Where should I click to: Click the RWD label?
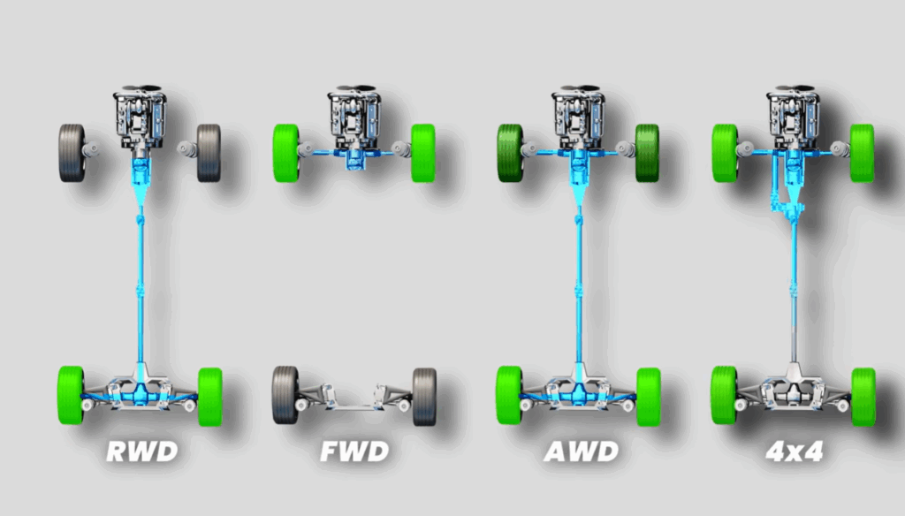point(141,452)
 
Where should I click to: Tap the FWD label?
point(355,452)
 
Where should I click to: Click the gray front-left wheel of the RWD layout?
point(72,152)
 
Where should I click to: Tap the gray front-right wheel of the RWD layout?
point(209,152)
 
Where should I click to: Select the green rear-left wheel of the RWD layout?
point(71,395)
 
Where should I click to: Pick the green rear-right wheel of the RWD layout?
point(210,395)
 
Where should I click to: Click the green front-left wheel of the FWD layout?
point(286,152)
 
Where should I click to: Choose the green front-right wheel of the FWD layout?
point(423,152)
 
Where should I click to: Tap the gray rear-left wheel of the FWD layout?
point(285,395)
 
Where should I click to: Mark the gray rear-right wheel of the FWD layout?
point(424,395)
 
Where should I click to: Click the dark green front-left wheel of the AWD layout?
point(510,152)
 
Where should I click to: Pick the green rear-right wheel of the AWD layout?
point(648,395)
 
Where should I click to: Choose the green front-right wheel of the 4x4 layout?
point(863,152)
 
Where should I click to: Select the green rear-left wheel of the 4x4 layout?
point(725,395)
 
